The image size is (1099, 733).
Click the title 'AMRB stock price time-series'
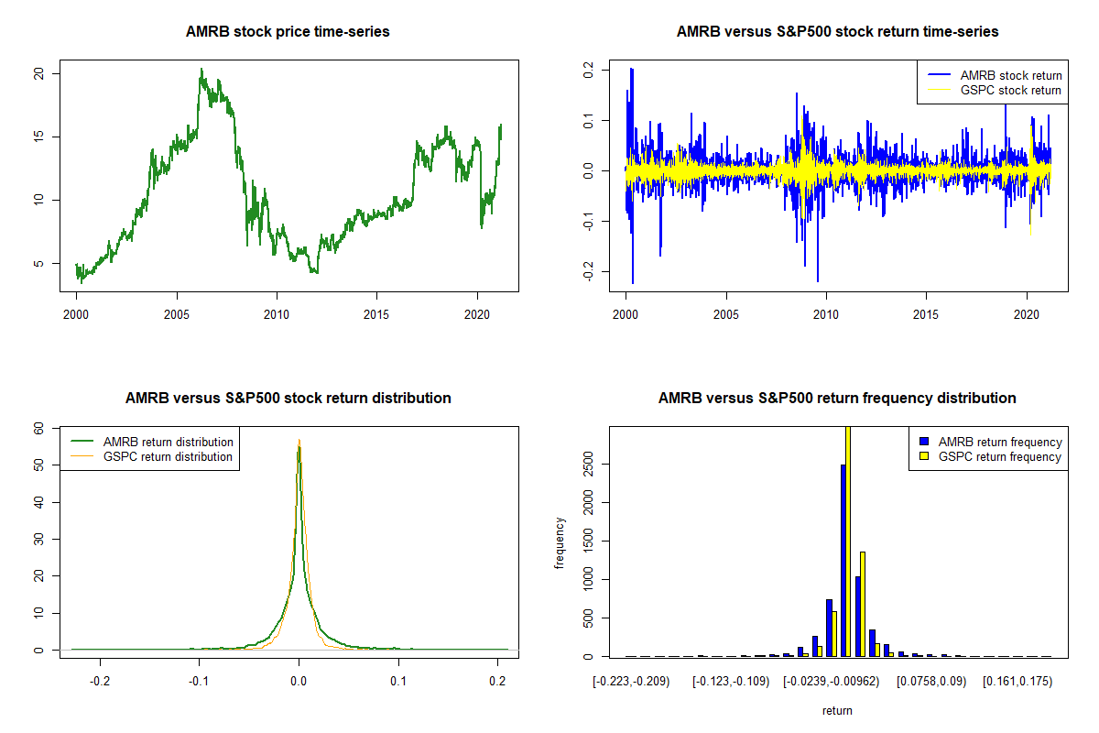(x=288, y=32)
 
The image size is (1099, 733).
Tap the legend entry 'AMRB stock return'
(x=1010, y=75)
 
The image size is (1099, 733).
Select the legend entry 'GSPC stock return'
(x=1010, y=91)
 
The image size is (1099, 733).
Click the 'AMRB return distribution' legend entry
(x=168, y=442)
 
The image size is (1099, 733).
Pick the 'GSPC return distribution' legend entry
(x=168, y=456)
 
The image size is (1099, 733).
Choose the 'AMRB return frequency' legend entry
(x=999, y=442)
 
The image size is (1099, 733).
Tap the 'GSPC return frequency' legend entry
(x=999, y=456)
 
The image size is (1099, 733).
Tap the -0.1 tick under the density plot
(x=199, y=682)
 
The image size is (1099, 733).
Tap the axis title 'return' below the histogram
(x=837, y=710)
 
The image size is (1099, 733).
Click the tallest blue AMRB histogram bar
(x=843, y=560)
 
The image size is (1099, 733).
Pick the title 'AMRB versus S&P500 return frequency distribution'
(x=837, y=399)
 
